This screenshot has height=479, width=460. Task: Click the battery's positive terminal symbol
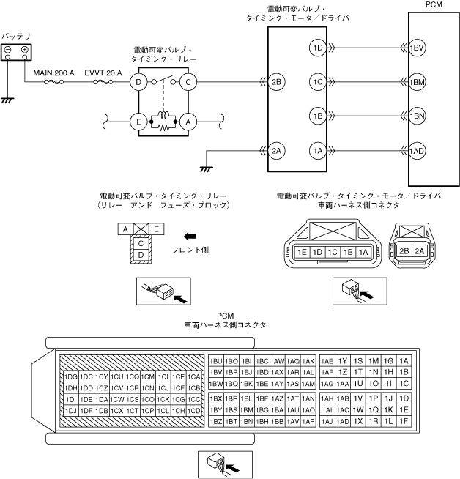tap(24, 50)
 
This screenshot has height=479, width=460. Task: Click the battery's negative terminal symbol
tap(7, 50)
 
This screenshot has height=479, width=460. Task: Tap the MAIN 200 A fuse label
tap(54, 73)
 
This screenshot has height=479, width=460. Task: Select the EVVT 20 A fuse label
tap(105, 73)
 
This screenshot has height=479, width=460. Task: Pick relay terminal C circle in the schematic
tap(188, 82)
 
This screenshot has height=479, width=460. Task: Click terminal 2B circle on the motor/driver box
tap(275, 82)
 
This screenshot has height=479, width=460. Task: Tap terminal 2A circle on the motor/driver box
tap(275, 150)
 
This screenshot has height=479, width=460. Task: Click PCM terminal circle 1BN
tap(417, 116)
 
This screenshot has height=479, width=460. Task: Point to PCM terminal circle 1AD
tap(417, 150)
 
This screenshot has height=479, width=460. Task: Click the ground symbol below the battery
tap(7, 99)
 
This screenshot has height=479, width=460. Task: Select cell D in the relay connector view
tap(141, 254)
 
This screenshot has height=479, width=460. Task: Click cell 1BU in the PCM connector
tap(216, 361)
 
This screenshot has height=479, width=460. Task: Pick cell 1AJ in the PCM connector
tap(327, 421)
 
